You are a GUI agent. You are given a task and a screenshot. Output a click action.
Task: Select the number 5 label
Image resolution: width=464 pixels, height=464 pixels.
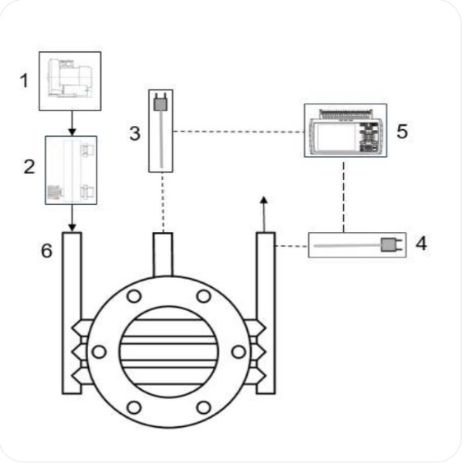click(402, 131)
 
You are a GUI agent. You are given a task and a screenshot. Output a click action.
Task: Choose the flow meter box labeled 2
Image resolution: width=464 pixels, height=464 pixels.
click(71, 169)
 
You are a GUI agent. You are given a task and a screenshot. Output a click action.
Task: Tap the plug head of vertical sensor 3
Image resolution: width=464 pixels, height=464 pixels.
click(162, 106)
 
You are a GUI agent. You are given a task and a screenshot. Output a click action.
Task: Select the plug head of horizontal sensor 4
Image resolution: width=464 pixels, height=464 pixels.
click(388, 244)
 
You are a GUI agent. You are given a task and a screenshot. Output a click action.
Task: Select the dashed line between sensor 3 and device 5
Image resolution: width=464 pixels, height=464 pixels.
click(239, 131)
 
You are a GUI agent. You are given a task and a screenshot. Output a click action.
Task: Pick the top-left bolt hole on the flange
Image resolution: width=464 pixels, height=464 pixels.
click(134, 296)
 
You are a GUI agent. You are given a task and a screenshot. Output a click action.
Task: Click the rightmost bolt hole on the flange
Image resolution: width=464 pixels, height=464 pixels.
click(239, 352)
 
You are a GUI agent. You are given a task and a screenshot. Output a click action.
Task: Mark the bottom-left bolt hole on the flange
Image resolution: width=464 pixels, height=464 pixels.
click(134, 407)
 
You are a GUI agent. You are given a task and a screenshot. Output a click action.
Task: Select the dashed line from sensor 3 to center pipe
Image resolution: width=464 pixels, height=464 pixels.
click(163, 202)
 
